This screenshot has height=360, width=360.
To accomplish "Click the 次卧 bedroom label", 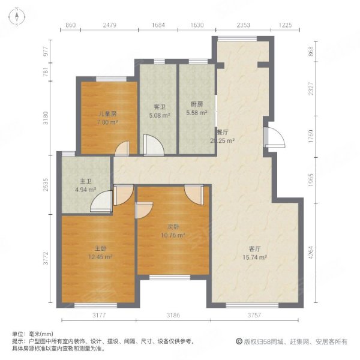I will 173,227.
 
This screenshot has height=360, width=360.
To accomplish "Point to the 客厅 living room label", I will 255,248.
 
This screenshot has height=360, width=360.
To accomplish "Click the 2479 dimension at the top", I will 109,25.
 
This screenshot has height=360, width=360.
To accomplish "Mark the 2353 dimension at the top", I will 243,25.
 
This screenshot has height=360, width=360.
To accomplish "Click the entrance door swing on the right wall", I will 273,137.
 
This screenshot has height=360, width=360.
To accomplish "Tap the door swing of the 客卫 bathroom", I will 151,145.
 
